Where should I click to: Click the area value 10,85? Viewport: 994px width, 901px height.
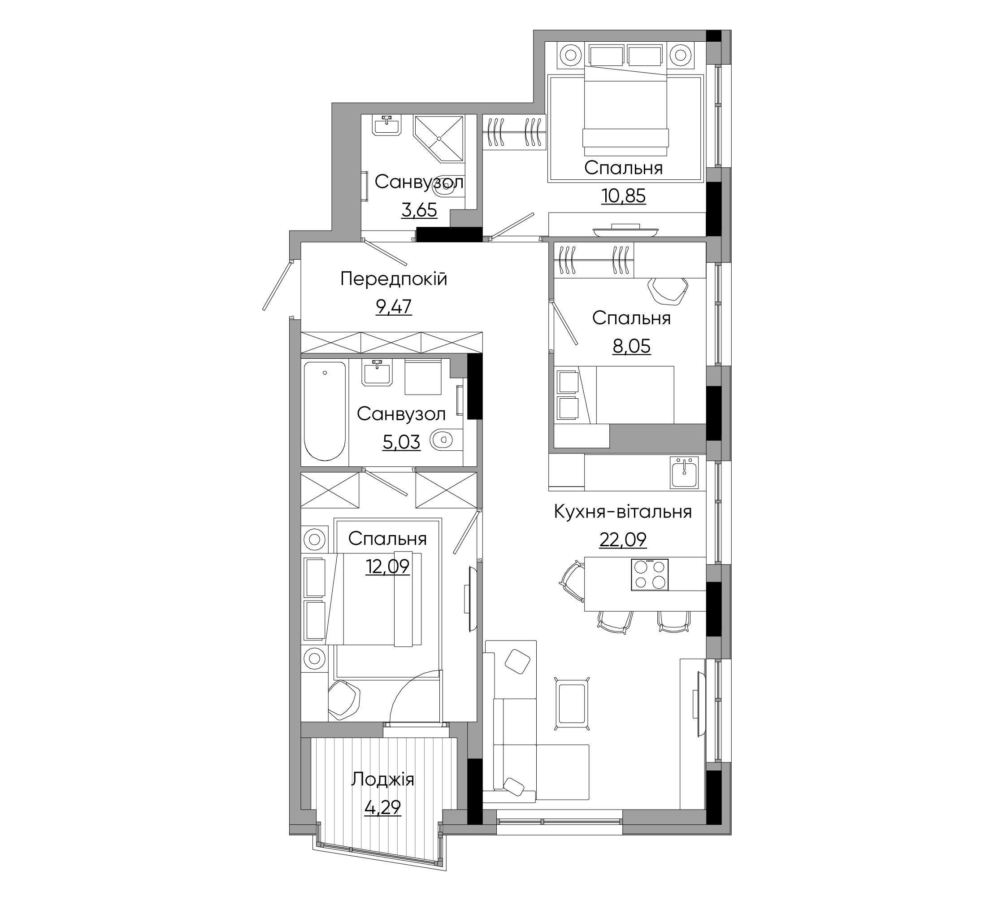pyautogui.click(x=623, y=196)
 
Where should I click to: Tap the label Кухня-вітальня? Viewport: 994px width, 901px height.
pyautogui.click(x=623, y=512)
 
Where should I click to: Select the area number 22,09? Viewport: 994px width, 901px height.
pyautogui.click(x=623, y=540)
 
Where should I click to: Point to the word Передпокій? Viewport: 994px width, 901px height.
pyautogui.click(x=394, y=279)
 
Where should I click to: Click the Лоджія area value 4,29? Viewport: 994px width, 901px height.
pyautogui.click(x=382, y=808)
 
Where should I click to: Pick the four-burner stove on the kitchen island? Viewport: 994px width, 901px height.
pyautogui.click(x=650, y=575)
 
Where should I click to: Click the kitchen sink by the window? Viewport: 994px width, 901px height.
pyautogui.click(x=684, y=472)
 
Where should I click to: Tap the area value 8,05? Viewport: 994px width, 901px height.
pyautogui.click(x=631, y=347)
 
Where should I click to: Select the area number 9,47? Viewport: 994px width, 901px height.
pyautogui.click(x=394, y=307)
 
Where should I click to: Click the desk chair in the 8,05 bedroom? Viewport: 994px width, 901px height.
pyautogui.click(x=668, y=290)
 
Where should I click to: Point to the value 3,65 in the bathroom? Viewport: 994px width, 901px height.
pyautogui.click(x=419, y=211)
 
